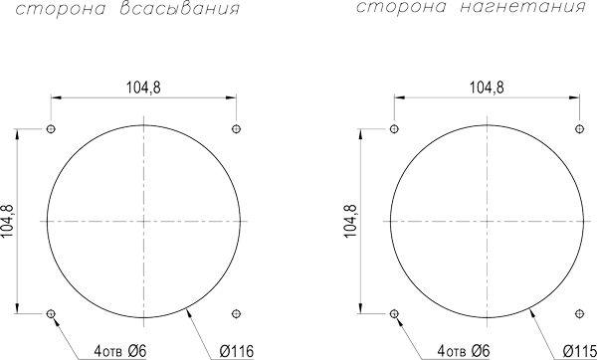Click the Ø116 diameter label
pos(236,351)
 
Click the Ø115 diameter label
pos(579,351)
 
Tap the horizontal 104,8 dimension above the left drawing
pos(143,88)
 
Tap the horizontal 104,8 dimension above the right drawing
pos(487,88)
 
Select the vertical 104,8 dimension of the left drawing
pos(8,221)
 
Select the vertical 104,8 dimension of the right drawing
pos(350,221)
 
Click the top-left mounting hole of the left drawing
pos(51,129)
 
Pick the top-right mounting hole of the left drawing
pos(236,129)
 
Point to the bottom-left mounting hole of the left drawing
pos(51,314)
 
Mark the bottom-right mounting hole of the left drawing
pos(236,314)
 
